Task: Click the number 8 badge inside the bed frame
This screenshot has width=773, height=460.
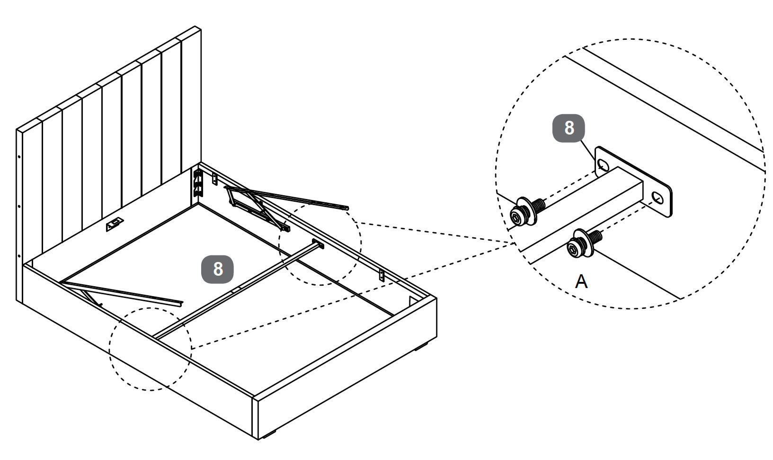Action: (x=218, y=269)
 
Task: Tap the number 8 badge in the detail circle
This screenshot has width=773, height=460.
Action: (x=569, y=128)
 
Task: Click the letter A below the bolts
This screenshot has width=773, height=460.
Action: (x=581, y=281)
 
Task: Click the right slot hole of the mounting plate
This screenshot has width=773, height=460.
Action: (x=657, y=197)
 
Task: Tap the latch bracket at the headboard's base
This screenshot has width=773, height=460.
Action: (x=115, y=225)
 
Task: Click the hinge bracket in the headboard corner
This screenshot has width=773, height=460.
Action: (x=198, y=182)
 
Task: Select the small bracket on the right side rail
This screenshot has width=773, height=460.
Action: (x=382, y=275)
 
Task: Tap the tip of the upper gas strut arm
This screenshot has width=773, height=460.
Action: (x=347, y=207)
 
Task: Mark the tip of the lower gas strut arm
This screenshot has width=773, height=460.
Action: (x=180, y=302)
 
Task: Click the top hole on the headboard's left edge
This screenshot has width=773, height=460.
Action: (x=18, y=156)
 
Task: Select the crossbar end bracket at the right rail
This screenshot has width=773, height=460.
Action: (x=318, y=244)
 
